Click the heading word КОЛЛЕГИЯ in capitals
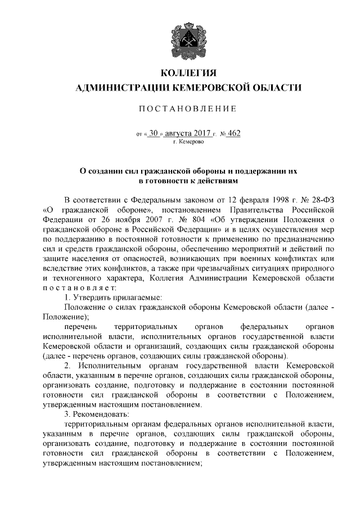[x=188, y=74]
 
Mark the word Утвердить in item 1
[x=93, y=296]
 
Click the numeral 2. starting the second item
[x=67, y=365]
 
